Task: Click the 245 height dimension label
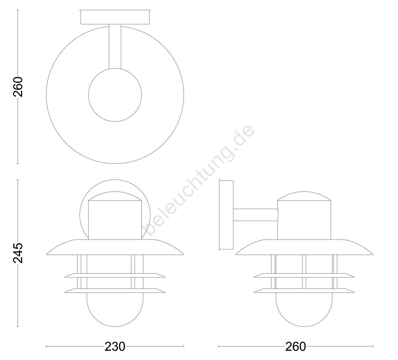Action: click(18, 253)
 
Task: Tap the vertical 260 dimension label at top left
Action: click(18, 86)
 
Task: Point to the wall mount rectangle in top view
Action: click(115, 17)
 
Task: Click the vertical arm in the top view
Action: click(115, 46)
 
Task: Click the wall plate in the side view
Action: click(226, 215)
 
